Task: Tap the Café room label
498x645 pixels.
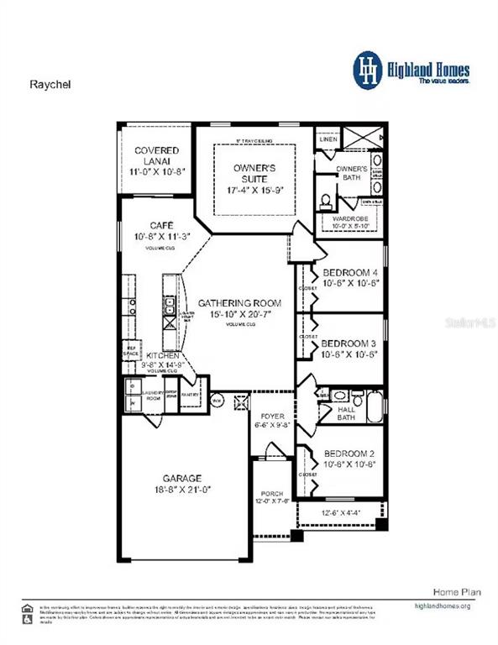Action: point(161,225)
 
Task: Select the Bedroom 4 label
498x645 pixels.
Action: point(351,272)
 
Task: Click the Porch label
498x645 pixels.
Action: point(273,493)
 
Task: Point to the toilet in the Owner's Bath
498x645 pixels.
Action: point(325,202)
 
